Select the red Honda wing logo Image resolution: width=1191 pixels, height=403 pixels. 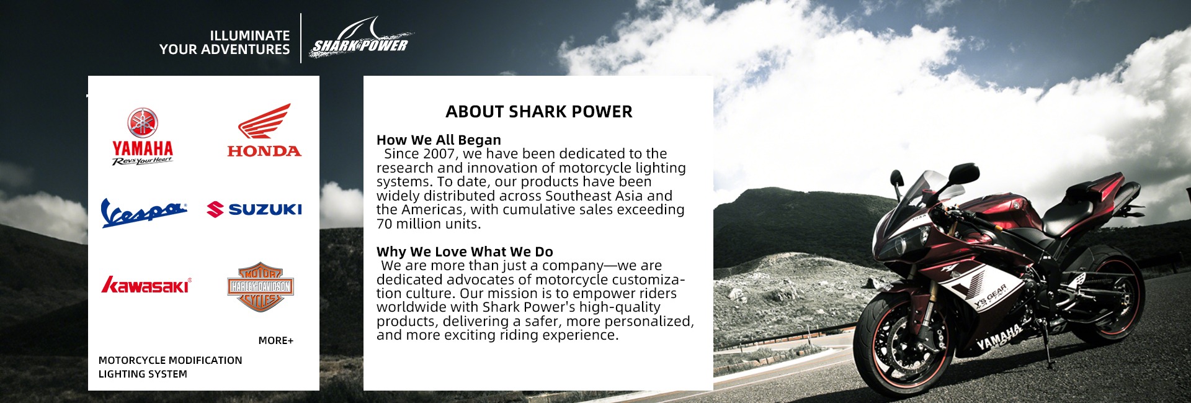tap(264, 130)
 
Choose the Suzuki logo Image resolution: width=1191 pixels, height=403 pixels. tap(254, 209)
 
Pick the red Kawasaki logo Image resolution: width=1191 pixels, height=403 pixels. tap(146, 284)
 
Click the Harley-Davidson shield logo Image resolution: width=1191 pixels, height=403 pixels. tap(261, 286)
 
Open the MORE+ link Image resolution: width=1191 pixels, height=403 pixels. tap(276, 340)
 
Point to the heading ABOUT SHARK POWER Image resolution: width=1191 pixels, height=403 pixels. tap(539, 112)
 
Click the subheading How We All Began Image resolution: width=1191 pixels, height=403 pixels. tap(439, 140)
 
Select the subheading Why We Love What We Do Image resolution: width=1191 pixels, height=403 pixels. tap(465, 251)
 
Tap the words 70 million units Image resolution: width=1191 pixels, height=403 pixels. tap(429, 224)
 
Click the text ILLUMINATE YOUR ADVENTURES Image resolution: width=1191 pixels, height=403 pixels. tap(225, 42)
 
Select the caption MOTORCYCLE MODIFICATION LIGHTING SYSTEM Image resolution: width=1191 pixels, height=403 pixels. tap(170, 367)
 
